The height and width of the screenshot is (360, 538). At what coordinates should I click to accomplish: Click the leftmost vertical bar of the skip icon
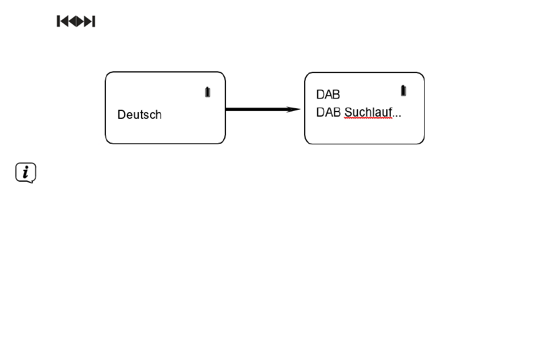[58, 22]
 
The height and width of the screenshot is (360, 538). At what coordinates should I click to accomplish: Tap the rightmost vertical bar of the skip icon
[93, 22]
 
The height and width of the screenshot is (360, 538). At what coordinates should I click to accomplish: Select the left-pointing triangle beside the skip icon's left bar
[64, 22]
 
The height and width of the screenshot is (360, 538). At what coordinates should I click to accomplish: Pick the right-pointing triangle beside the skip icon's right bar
[88, 22]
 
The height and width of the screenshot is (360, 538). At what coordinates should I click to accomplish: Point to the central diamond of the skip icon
[76, 22]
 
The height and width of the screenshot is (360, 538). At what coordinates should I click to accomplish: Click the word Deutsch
[139, 114]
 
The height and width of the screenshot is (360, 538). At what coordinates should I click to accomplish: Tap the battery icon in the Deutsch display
[208, 92]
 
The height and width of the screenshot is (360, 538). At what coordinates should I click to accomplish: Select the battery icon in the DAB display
[403, 91]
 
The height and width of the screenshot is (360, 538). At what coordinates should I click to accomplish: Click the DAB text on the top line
[328, 95]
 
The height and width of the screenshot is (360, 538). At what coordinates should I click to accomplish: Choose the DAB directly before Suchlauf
[328, 112]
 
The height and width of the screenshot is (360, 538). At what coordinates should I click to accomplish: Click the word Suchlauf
[368, 112]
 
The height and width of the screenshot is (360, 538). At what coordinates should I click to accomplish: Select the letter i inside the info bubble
[25, 172]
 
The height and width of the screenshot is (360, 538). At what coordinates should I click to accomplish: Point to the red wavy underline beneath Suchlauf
[368, 118]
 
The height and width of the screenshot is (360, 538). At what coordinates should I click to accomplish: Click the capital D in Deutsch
[121, 114]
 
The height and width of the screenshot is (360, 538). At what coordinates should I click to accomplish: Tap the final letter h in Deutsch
[159, 114]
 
